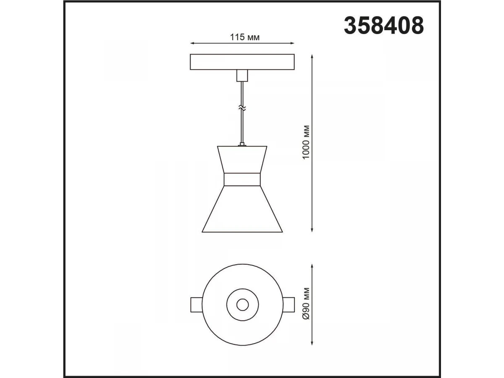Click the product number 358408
(x=384, y=26)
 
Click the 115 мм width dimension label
(x=245, y=37)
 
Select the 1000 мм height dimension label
(x=306, y=142)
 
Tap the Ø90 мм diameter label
(x=306, y=303)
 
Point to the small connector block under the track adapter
(x=242, y=76)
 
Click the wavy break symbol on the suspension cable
(x=242, y=108)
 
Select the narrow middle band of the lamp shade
(x=242, y=179)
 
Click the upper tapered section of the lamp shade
(x=242, y=160)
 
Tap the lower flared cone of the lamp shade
(x=242, y=209)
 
